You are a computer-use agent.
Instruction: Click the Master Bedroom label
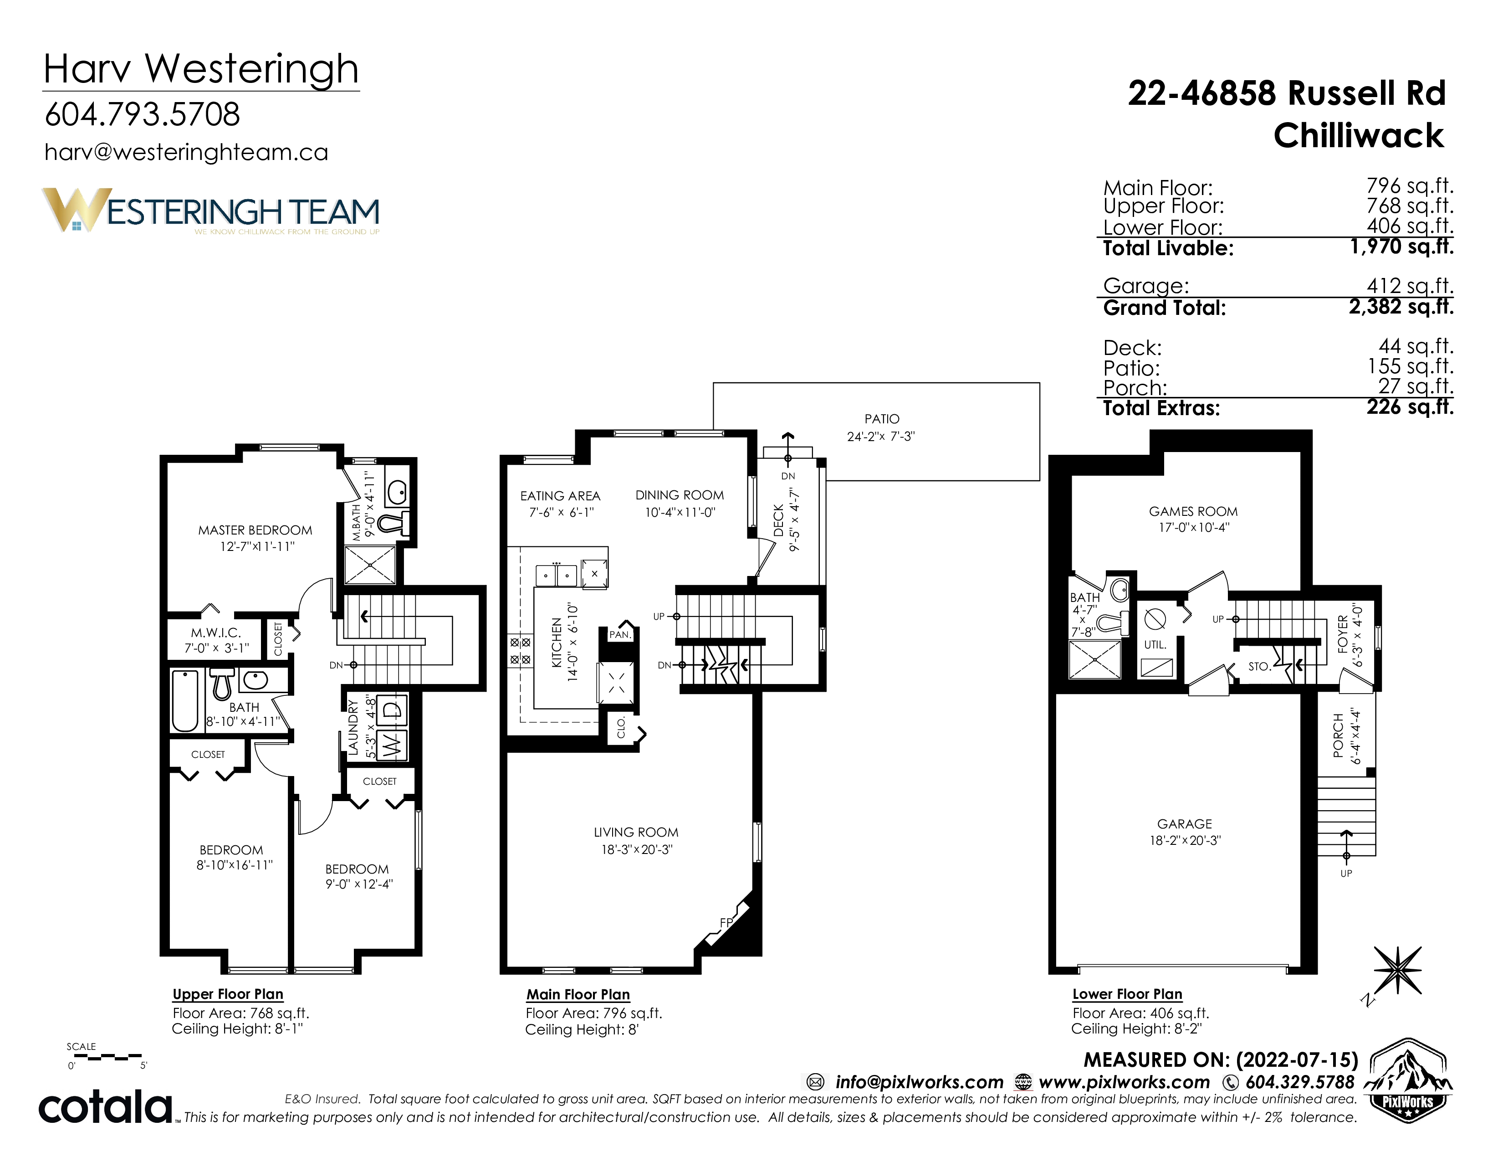[256, 530]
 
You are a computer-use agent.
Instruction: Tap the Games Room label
[1193, 511]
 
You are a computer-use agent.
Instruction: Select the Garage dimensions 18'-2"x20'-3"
[1185, 841]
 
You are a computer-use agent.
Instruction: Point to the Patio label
[882, 418]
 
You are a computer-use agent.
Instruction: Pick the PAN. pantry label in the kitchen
[620, 635]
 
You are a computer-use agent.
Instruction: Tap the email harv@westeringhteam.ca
[186, 152]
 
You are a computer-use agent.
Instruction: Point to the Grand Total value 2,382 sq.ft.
[1401, 306]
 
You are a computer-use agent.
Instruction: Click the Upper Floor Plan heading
[228, 994]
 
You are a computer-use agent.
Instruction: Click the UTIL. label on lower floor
[1155, 645]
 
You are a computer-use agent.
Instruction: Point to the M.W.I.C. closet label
[216, 632]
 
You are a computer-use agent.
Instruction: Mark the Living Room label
[636, 832]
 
